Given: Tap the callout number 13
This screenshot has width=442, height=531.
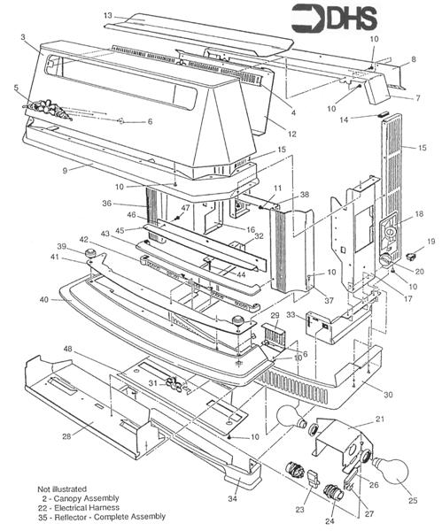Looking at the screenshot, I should point(107,16).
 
